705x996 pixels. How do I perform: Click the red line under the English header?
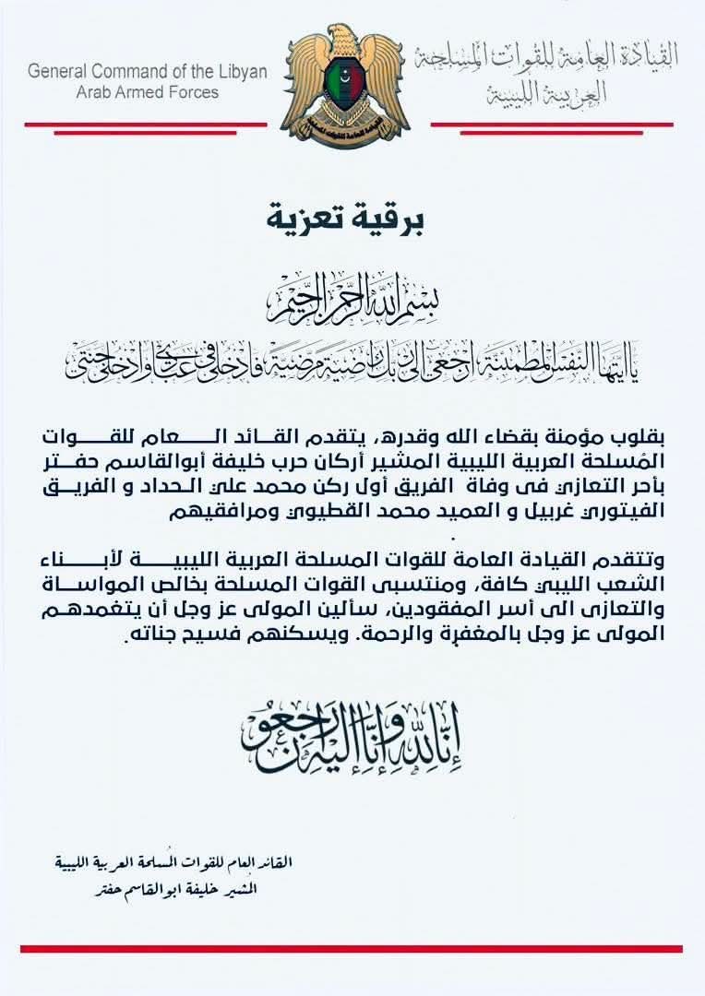tap(146, 124)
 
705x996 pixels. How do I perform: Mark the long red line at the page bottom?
tap(351, 948)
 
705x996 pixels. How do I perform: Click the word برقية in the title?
tap(387, 220)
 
